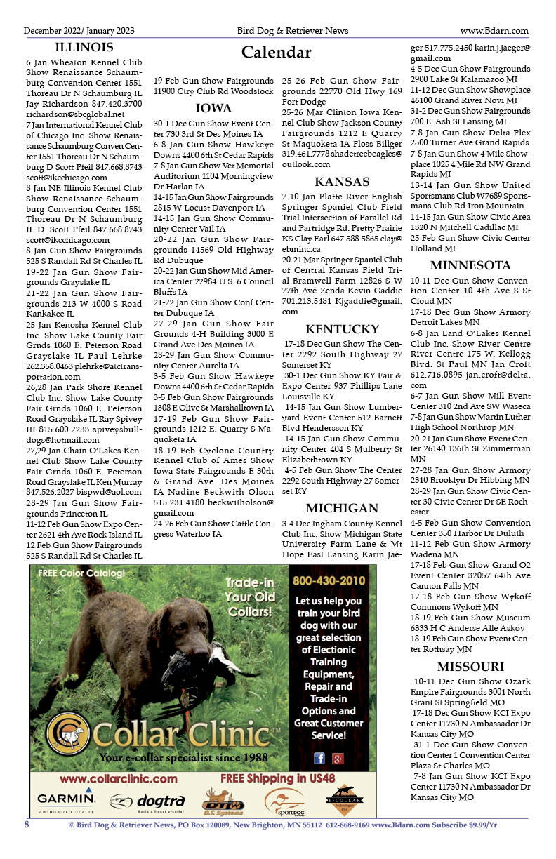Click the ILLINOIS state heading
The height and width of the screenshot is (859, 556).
pyautogui.click(x=84, y=48)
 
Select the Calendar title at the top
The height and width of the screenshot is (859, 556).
pyautogui.click(x=276, y=53)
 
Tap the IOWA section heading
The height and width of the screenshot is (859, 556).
pyautogui.click(x=213, y=108)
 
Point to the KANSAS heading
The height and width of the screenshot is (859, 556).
pyautogui.click(x=342, y=182)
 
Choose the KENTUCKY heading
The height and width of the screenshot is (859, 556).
pyautogui.click(x=342, y=329)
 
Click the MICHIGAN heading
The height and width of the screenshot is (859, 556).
pyautogui.click(x=342, y=507)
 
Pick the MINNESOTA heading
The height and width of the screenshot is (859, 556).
pyautogui.click(x=470, y=265)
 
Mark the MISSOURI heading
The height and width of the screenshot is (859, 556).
pyautogui.click(x=470, y=666)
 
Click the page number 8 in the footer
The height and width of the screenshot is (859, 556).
pyautogui.click(x=27, y=825)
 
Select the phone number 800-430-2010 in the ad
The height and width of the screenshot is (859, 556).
pyautogui.click(x=329, y=580)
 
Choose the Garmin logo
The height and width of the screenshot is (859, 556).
pyautogui.click(x=66, y=799)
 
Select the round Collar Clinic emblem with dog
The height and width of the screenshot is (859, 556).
pyautogui.click(x=67, y=733)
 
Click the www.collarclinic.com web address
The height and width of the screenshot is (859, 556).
pyautogui.click(x=119, y=778)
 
